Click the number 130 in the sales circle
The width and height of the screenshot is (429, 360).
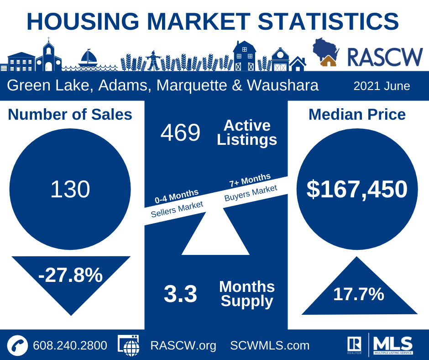coord(70,189)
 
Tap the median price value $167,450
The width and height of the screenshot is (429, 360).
coord(356,189)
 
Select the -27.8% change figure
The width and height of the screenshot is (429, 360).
coord(71,275)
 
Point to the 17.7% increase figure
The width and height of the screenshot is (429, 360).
coord(358,294)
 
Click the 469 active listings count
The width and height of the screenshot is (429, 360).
coord(180,133)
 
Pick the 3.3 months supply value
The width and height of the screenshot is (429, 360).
coord(180,294)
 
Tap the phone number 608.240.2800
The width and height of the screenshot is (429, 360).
coord(70,345)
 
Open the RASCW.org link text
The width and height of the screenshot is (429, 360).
coord(183,345)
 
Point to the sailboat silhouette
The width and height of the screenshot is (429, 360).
coord(89,58)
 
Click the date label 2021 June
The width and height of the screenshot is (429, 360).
coord(382,86)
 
